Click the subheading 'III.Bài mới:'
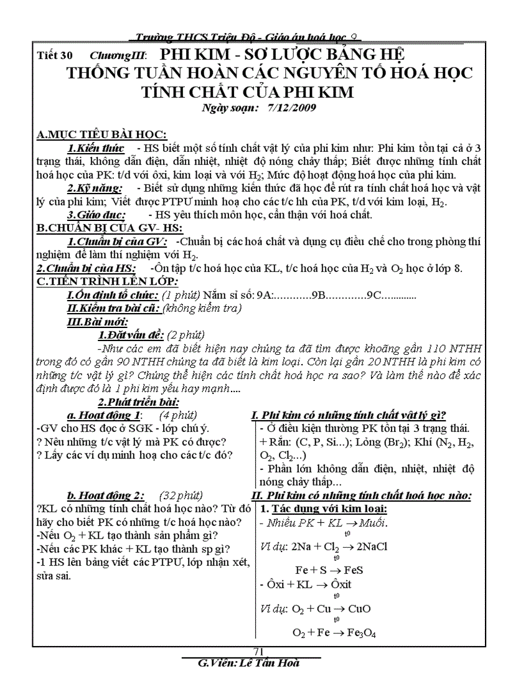(x=97, y=322)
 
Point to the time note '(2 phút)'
(x=186, y=335)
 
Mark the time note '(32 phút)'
(x=181, y=495)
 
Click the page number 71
(x=260, y=651)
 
